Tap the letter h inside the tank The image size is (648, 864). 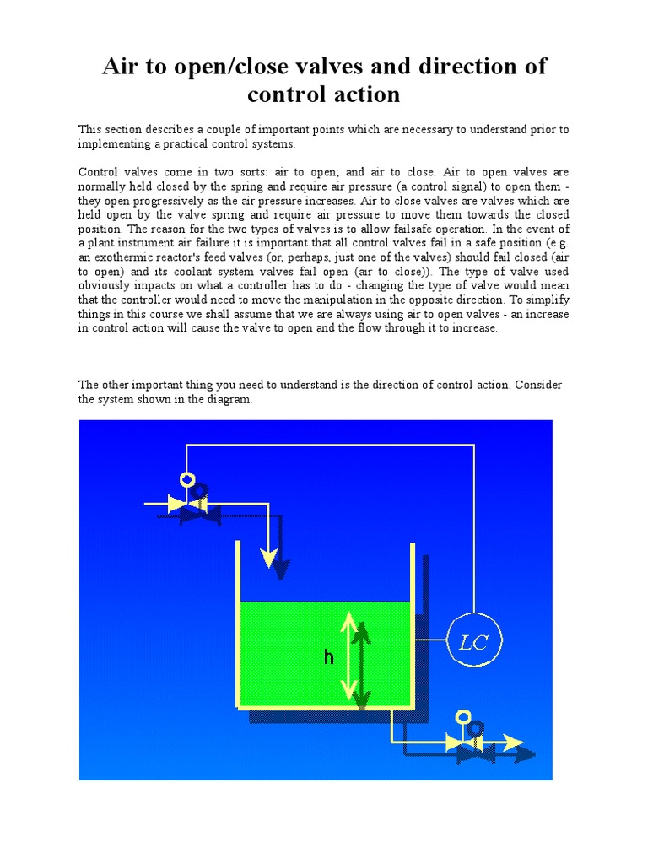click(329, 658)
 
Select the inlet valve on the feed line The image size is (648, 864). click(184, 504)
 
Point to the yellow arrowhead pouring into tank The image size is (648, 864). click(269, 558)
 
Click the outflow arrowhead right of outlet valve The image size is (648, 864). click(514, 742)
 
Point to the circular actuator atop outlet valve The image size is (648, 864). click(462, 717)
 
